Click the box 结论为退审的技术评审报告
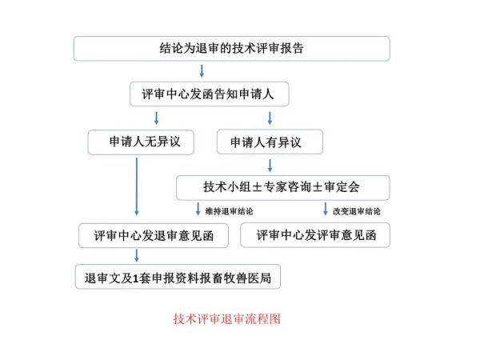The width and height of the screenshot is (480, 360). [232, 49]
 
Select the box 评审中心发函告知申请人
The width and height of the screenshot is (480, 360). [209, 94]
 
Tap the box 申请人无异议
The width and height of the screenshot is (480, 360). [141, 142]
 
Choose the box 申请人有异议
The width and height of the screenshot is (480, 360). [270, 142]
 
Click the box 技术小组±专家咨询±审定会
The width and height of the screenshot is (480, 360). [283, 188]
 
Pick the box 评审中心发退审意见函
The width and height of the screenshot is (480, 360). [154, 235]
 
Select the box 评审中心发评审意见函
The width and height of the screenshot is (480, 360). [315, 235]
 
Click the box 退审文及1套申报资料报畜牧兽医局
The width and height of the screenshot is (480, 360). [178, 277]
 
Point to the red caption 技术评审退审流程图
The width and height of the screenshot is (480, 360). [227, 319]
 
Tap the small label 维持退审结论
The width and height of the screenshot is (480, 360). [230, 211]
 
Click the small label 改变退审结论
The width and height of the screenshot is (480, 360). [357, 211]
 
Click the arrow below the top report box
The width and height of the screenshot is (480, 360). [202, 70]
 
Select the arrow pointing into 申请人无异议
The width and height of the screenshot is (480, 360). [157, 118]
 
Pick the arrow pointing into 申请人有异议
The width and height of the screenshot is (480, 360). [270, 118]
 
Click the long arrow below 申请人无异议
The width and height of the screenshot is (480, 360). [137, 186]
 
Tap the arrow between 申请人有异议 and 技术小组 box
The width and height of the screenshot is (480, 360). [270, 166]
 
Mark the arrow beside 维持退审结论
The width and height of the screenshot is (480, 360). [198, 209]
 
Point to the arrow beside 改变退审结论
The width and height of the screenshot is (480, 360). [326, 209]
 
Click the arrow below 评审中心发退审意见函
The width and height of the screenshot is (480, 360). [137, 256]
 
